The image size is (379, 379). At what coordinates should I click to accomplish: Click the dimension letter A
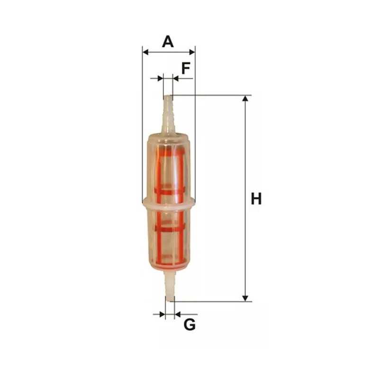click(168, 42)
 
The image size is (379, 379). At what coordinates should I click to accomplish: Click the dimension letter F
click(186, 68)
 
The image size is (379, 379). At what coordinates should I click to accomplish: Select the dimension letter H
click(256, 199)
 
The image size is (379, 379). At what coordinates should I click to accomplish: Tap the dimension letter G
click(190, 325)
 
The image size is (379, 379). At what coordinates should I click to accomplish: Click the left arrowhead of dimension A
click(145, 52)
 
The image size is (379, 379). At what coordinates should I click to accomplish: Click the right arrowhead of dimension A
click(192, 52)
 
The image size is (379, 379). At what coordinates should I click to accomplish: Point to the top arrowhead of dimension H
click(245, 99)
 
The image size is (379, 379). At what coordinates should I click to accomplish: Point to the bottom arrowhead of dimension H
click(245, 298)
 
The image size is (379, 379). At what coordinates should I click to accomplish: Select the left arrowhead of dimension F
click(161, 78)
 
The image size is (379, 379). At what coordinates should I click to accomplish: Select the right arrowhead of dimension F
click(176, 78)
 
